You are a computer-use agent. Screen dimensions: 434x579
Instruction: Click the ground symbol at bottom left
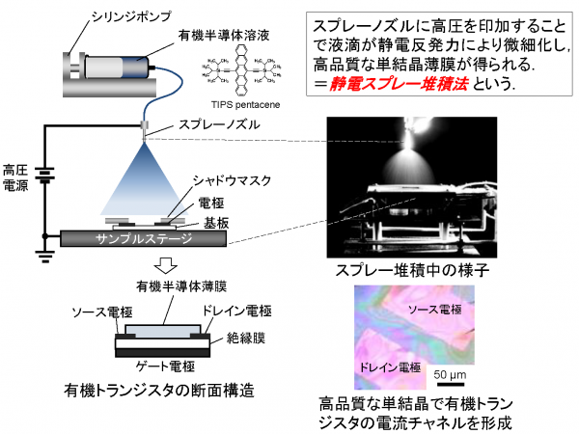(42, 255)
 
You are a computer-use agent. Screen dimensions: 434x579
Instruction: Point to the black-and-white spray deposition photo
(411, 188)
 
